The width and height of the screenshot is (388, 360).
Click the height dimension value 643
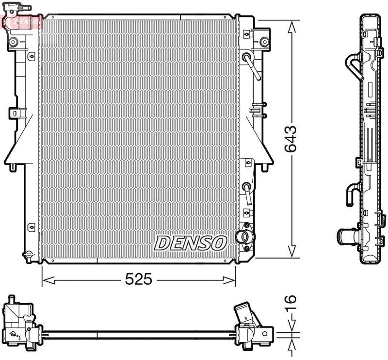(x=291, y=139)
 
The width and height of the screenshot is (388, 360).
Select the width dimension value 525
(x=139, y=279)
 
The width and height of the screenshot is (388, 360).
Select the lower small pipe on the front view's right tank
(x=247, y=192)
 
